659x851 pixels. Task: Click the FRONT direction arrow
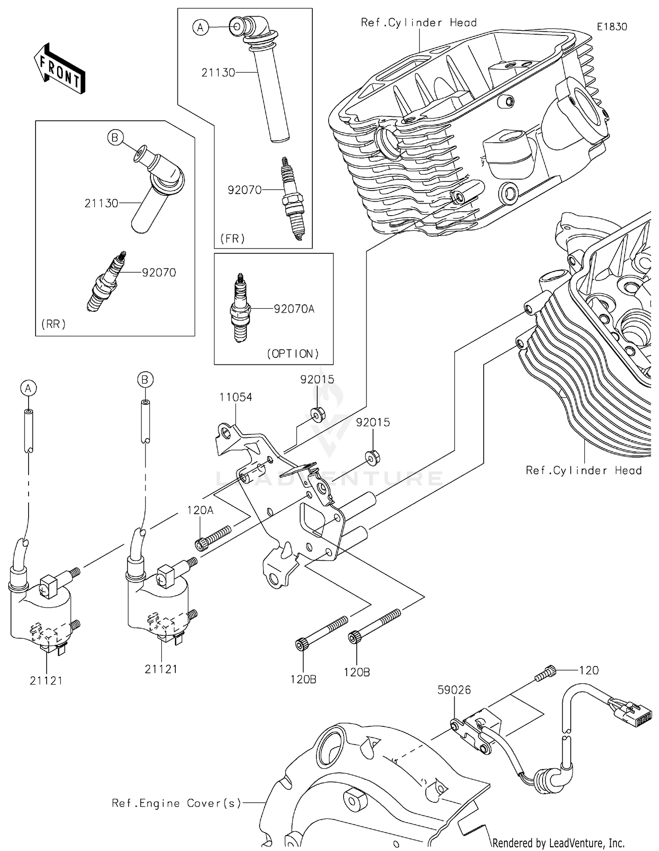point(59,69)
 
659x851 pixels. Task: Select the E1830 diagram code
point(612,27)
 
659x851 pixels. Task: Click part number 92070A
point(294,309)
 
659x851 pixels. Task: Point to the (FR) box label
point(232,238)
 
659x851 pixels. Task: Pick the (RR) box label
point(54,324)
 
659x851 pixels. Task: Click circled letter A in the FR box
point(200,28)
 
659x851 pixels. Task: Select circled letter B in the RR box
point(115,138)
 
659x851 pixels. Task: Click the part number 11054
point(236,397)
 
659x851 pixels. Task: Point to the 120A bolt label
point(200,510)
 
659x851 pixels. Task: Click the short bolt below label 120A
point(212,538)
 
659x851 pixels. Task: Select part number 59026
point(454,690)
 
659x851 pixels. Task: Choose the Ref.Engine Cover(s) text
point(177,803)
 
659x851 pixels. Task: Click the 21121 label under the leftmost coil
point(46,681)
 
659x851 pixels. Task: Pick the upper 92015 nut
point(318,414)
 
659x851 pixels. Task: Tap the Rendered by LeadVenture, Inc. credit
point(558,843)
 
